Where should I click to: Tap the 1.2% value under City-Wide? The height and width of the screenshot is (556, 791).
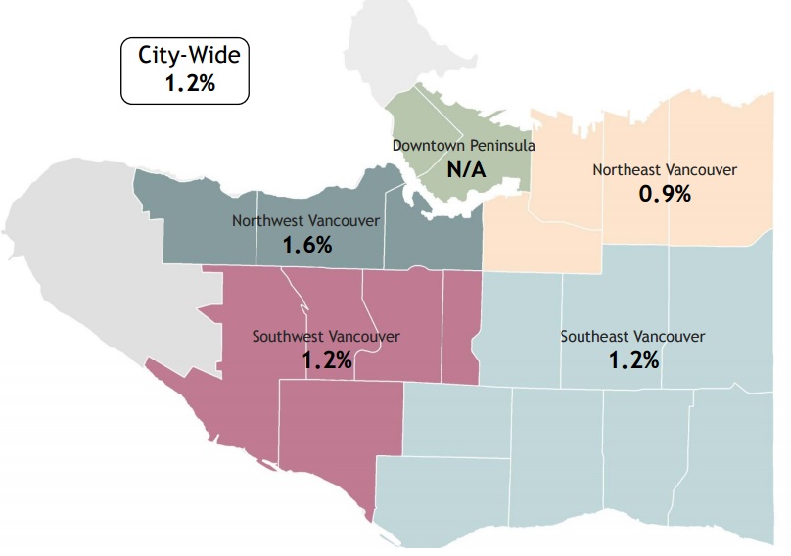189,83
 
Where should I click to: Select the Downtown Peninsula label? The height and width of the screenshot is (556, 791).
464,145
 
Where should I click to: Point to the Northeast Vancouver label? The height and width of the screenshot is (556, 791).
665,170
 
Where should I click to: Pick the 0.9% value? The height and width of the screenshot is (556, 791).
665,194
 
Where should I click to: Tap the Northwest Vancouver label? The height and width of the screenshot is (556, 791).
305,220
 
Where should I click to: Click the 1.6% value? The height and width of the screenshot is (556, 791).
307,245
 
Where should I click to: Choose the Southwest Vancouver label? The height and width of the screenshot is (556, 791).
326,336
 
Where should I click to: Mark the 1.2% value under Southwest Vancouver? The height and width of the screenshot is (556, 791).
327,359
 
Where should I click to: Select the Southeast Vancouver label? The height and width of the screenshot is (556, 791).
632,336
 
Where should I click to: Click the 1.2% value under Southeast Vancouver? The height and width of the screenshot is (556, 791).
633,359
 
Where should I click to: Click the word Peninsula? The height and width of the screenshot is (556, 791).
503,145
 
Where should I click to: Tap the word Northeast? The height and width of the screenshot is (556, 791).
627,170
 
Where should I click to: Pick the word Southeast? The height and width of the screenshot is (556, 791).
594,336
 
